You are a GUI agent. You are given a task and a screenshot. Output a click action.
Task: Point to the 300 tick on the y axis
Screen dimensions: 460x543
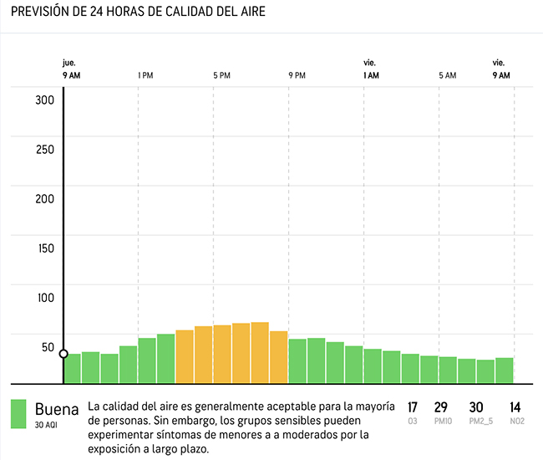44,100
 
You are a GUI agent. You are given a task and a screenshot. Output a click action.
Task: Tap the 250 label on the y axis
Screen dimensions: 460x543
44,150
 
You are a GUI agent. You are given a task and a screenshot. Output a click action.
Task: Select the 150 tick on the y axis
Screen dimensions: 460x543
44,248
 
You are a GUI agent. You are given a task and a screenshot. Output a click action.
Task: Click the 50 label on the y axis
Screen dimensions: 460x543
48,347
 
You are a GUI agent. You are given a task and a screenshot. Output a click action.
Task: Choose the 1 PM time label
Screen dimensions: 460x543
145,75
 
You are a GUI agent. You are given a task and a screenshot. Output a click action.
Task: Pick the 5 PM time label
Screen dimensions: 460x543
221,75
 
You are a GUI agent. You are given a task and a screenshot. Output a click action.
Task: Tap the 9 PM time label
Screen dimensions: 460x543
297,75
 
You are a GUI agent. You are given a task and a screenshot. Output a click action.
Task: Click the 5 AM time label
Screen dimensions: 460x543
448,75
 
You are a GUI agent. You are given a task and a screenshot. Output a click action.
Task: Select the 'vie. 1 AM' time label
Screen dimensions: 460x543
371,69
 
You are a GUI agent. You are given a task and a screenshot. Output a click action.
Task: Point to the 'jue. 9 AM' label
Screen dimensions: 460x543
71,69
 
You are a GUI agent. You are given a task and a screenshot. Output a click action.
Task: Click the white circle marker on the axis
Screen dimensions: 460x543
63,354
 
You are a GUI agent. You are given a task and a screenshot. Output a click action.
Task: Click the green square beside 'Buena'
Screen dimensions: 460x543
18,413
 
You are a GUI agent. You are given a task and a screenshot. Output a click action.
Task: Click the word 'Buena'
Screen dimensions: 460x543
57,409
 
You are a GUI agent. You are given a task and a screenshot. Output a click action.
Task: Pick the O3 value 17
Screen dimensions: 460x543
413,407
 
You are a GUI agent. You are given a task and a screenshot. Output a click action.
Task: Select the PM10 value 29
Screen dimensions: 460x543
441,407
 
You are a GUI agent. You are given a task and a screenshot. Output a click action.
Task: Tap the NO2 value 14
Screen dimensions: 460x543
516,407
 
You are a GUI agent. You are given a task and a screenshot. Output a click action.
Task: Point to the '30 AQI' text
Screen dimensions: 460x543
47,425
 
